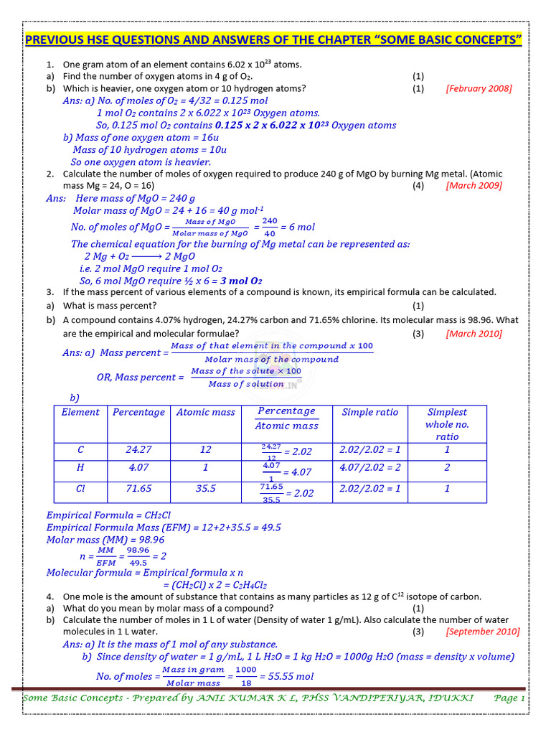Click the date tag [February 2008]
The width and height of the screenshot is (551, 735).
click(x=479, y=88)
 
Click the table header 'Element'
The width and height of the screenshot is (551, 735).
click(x=80, y=412)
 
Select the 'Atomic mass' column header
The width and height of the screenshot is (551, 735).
click(x=206, y=412)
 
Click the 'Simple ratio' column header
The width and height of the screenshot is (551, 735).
click(x=369, y=412)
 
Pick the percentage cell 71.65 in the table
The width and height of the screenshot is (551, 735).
click(x=138, y=488)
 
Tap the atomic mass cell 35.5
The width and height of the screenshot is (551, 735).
click(x=206, y=488)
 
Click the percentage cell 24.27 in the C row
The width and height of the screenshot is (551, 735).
click(x=138, y=449)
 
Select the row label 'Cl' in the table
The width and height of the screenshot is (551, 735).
click(x=80, y=488)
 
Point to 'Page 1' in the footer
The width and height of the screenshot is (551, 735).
click(x=510, y=698)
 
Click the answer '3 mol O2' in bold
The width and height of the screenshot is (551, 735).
click(x=241, y=281)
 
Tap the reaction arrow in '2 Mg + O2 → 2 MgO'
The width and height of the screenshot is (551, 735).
click(x=148, y=256)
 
